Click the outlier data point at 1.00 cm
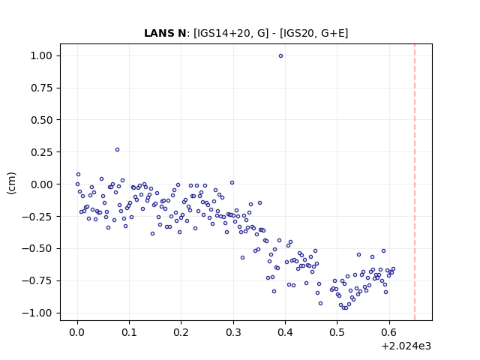280,56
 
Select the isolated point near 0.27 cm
117,150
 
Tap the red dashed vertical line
415,182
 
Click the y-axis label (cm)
11,183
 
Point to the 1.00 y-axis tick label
41,55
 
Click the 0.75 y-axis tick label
41,88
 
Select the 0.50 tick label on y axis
41,120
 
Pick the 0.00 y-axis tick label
41,184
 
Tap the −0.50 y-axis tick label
37,248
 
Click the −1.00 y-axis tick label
37,313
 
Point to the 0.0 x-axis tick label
77,332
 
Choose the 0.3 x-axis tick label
233,332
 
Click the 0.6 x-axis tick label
389,332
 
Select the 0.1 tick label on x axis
129,332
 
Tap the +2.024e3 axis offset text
406,346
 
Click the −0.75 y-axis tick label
37,280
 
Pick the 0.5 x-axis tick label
337,332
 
